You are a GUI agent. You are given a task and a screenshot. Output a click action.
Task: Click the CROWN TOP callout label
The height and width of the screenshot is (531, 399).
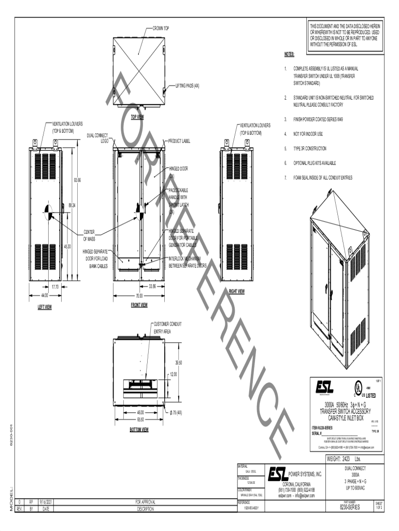pyautogui.click(x=161, y=29)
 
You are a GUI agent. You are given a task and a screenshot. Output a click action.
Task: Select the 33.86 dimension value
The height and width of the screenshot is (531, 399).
pyautogui.click(x=152, y=286)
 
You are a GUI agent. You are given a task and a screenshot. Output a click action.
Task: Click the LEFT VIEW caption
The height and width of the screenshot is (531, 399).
pyautogui.click(x=45, y=306)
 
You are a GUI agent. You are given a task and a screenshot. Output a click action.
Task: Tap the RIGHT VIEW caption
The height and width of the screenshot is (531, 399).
pyautogui.click(x=237, y=291)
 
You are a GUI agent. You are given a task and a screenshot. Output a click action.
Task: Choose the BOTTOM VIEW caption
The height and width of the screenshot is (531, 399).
pyautogui.click(x=139, y=429)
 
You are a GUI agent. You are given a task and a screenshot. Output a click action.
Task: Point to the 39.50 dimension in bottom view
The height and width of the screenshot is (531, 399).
pyautogui.click(x=179, y=362)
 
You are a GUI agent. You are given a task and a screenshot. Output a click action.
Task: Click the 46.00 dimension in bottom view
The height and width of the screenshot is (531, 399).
pyautogui.click(x=140, y=413)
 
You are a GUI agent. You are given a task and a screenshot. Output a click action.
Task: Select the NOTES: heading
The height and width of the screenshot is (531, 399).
pyautogui.click(x=289, y=54)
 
